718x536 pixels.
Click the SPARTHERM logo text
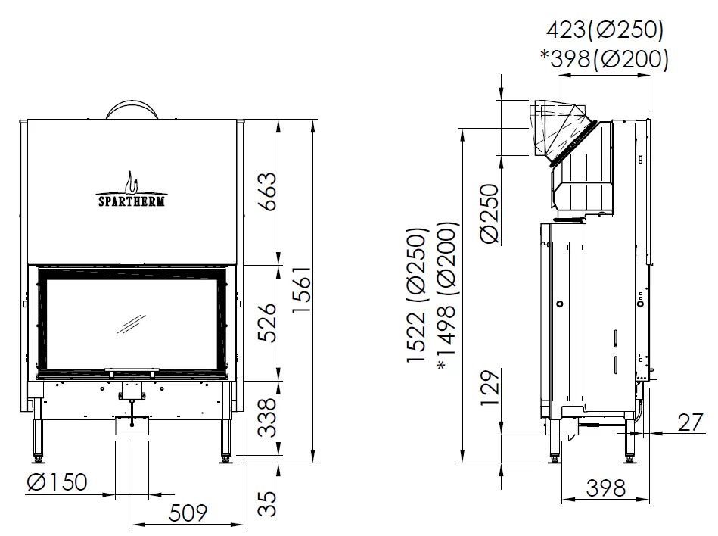click(132, 201)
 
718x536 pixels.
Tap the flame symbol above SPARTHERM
click(132, 182)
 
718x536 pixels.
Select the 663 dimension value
click(268, 192)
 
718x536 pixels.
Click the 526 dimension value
click(268, 323)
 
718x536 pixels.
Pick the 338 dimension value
click(268, 417)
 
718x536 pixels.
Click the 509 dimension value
click(188, 513)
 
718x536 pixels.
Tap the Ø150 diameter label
click(58, 482)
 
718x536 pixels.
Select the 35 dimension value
click(268, 504)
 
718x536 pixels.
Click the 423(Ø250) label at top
click(605, 30)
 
